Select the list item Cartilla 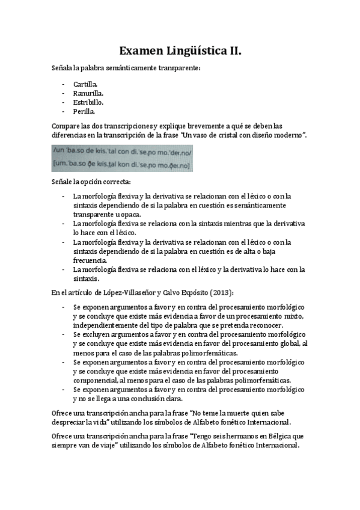pyautogui.click(x=87, y=85)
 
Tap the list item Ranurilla pyautogui.click(x=88, y=94)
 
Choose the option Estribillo pyautogui.click(x=88, y=103)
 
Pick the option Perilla pyautogui.click(x=84, y=112)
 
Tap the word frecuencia pyautogui.click(x=90, y=260)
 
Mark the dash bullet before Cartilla pyautogui.click(x=63, y=85)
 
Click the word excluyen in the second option pyautogui.click(x=98, y=334)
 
